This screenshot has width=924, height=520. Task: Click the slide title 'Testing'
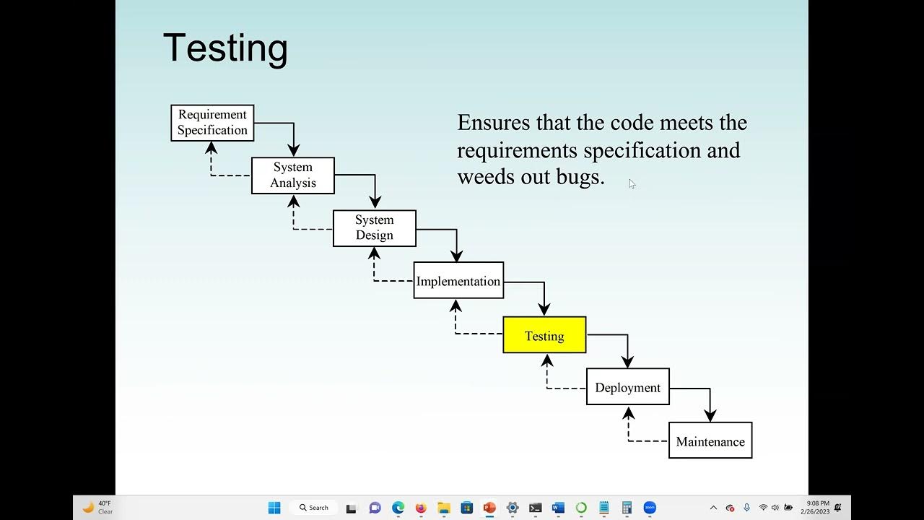point(225,48)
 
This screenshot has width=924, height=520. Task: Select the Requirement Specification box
point(212,123)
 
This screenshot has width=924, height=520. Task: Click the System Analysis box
point(293,175)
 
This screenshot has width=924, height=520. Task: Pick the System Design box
point(374,228)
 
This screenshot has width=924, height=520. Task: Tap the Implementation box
point(458,281)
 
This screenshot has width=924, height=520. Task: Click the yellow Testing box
point(544,336)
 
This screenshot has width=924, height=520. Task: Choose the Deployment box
point(627,387)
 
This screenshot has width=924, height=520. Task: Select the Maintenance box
point(710,441)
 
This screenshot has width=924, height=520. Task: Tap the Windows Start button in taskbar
point(274,508)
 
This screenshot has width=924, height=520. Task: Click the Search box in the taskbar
point(314,508)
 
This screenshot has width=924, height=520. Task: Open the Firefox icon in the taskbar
point(421,508)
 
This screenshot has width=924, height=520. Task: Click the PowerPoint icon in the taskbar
point(489,508)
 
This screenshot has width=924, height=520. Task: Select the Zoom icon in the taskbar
point(650,508)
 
